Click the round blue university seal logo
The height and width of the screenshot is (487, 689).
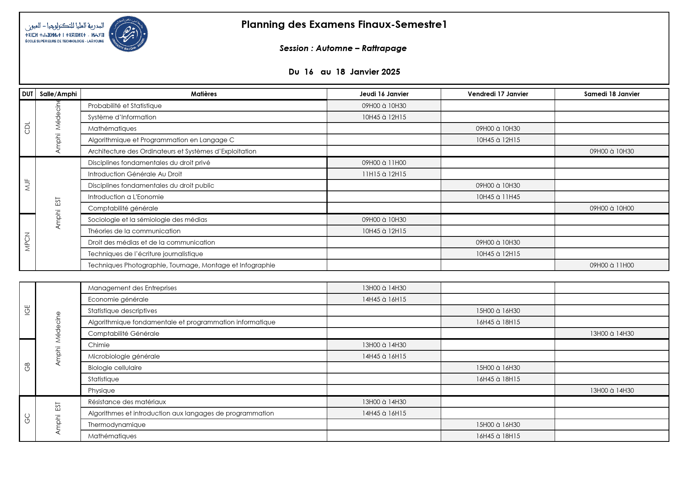pos(128,34)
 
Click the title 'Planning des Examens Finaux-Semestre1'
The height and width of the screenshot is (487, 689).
pos(344,24)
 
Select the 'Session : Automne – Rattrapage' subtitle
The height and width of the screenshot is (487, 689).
pos(343,48)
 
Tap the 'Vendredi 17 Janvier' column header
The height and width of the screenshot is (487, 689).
pos(498,94)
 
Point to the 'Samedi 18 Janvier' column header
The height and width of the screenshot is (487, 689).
pos(612,94)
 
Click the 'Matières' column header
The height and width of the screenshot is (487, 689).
pos(203,94)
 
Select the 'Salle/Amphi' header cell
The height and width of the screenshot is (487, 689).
pos(58,94)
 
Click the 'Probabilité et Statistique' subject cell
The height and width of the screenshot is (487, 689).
pos(125,106)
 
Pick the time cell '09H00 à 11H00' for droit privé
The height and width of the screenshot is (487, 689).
pos(384,163)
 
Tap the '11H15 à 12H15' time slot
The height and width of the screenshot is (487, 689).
pos(384,174)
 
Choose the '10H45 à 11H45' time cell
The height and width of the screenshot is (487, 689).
pos(498,197)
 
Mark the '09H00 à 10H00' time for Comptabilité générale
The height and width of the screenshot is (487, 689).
pos(612,208)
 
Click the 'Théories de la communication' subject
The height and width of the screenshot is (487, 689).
pos(134,231)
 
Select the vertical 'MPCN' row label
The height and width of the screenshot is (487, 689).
pos(27,242)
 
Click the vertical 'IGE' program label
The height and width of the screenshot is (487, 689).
pos(27,310)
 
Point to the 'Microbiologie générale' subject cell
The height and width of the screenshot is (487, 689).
pos(124,356)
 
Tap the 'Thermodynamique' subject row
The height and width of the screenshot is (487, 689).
pos(117,425)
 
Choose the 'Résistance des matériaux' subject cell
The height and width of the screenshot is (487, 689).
pos(127,402)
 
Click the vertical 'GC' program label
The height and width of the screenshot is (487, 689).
pos(27,419)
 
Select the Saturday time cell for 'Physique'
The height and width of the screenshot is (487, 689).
pos(612,390)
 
